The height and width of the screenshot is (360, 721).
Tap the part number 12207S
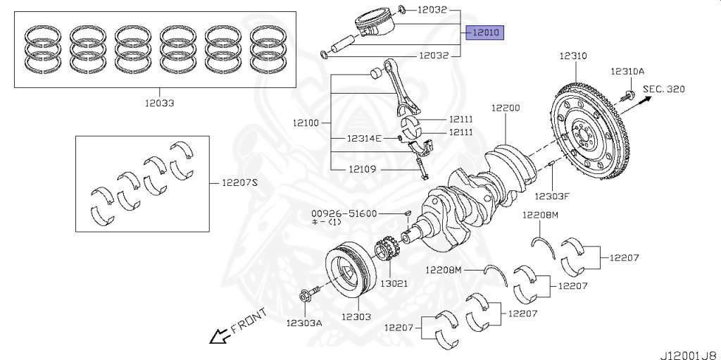(x=240, y=182)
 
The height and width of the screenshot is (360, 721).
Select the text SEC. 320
(x=663, y=89)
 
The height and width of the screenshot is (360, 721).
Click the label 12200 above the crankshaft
(x=506, y=108)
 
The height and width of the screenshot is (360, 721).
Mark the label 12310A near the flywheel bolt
(x=627, y=71)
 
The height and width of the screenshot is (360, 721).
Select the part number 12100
(x=306, y=123)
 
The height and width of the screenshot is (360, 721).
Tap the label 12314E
(x=363, y=138)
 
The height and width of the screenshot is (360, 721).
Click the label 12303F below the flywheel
(x=551, y=196)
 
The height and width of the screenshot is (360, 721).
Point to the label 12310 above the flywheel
(x=573, y=55)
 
